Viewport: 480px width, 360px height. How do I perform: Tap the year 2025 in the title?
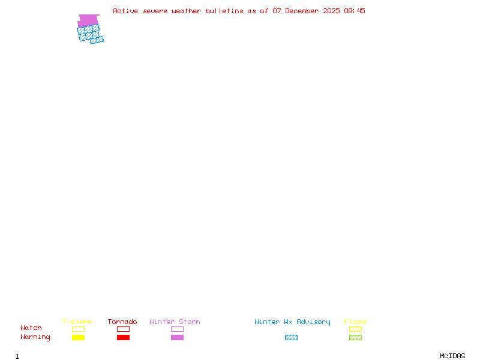tap(332, 11)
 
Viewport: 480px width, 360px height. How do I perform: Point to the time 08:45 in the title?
tap(355, 11)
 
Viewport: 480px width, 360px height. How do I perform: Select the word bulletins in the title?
tap(224, 11)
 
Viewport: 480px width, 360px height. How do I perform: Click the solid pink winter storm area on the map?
tap(88, 20)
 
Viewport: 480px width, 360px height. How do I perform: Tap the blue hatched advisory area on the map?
tap(89, 35)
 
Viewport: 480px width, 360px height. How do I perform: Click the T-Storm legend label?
tap(77, 322)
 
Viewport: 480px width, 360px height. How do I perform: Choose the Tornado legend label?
tap(122, 322)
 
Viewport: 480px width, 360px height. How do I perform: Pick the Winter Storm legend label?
tap(175, 322)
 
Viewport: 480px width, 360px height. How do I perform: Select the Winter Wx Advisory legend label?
tap(292, 322)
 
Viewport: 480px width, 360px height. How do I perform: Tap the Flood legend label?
tap(355, 322)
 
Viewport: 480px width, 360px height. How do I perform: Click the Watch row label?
tap(31, 328)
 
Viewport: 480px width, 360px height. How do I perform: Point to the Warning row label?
tap(35, 337)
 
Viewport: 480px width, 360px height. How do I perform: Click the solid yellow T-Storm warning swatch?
tap(78, 338)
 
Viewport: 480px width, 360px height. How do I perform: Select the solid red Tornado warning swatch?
tap(123, 338)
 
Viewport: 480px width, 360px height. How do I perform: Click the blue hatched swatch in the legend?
tap(291, 338)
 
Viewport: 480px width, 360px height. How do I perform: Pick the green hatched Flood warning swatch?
tap(355, 338)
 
